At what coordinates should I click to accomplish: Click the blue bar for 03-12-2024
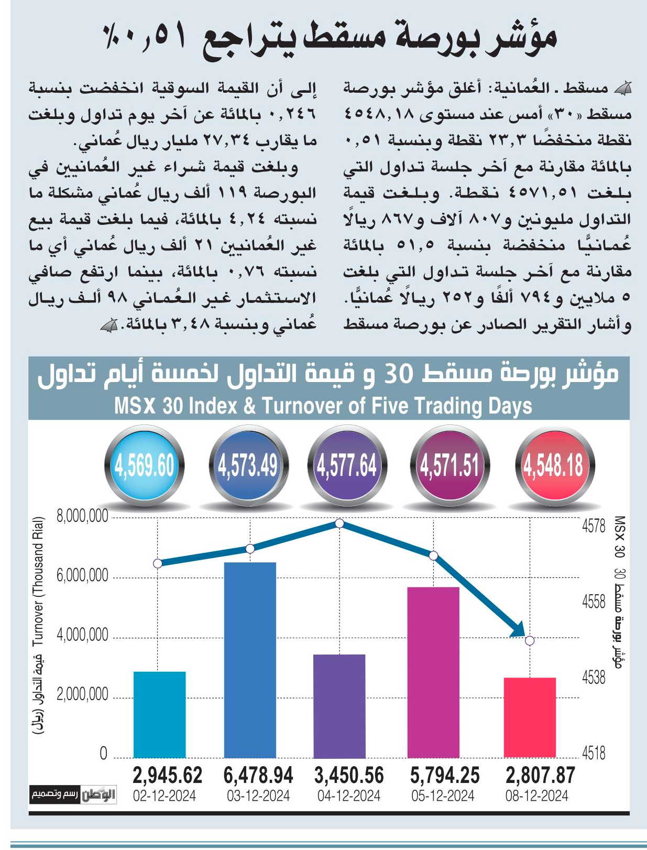(x=250, y=660)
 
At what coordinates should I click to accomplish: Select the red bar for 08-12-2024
(x=530, y=717)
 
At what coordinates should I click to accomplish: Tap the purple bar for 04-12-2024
(x=339, y=706)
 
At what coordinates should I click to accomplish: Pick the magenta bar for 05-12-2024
(x=433, y=672)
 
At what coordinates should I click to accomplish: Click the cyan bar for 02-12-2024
(x=159, y=714)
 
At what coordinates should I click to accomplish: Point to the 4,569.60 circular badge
(x=145, y=465)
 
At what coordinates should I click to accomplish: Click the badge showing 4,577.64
(x=347, y=465)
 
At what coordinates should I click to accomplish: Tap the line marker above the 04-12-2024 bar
(x=339, y=524)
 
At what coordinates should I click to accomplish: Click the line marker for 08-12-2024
(x=530, y=641)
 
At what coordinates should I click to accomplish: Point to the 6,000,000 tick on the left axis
(x=82, y=576)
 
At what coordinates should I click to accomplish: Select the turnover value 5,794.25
(x=445, y=775)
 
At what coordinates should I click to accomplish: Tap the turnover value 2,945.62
(x=167, y=775)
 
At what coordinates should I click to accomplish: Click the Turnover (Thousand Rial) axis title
(x=38, y=581)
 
